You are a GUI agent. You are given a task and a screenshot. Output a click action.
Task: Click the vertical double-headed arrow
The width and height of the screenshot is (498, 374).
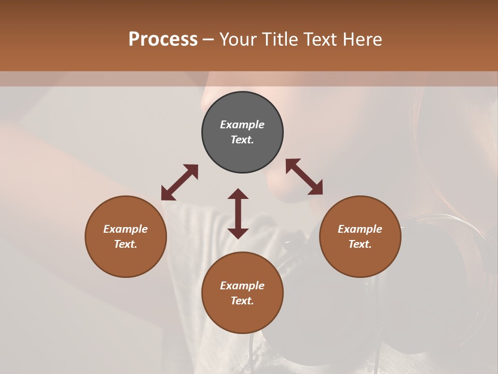point(238,213)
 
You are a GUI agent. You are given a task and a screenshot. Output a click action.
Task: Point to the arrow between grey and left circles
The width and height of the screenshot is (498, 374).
point(179,182)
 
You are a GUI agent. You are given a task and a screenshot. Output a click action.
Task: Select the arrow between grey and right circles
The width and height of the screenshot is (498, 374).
point(304,177)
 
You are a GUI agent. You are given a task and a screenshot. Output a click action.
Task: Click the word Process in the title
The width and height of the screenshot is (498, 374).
point(163,39)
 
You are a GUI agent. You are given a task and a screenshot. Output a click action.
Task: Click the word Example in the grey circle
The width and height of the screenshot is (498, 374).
point(242,125)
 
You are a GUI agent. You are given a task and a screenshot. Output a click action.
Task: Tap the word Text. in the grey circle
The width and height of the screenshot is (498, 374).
point(242,140)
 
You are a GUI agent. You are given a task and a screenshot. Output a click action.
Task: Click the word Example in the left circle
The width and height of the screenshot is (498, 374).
point(126,229)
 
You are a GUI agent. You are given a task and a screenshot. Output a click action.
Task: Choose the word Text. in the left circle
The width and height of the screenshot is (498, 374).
point(126,244)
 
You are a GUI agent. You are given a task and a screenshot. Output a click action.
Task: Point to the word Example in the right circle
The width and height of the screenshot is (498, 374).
point(360,229)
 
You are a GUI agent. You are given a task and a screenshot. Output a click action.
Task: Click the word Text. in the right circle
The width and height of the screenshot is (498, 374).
point(360,244)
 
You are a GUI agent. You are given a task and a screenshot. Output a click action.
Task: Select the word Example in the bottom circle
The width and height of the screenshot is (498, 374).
point(242,286)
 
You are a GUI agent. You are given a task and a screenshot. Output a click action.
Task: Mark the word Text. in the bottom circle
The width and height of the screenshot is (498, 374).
point(242,301)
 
